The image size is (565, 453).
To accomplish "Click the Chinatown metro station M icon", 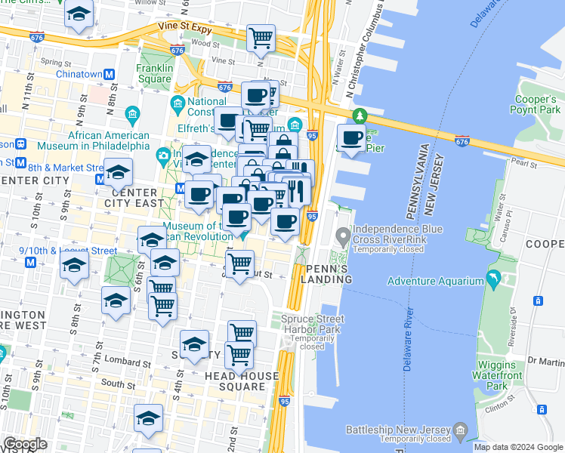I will click(109, 75).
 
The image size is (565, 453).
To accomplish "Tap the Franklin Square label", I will click(154, 72).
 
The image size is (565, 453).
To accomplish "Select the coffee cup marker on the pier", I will click(350, 139).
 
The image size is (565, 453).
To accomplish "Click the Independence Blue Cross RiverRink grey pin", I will click(343, 239).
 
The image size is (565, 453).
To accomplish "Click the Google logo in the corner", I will click(25, 444).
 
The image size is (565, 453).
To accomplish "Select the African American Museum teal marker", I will click(132, 115).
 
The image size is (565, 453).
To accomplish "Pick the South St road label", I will click(118, 384).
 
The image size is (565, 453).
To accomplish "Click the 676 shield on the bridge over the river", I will click(462, 140).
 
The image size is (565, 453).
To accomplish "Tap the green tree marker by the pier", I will click(360, 116).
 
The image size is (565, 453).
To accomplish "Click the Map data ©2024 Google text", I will click(517, 446).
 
